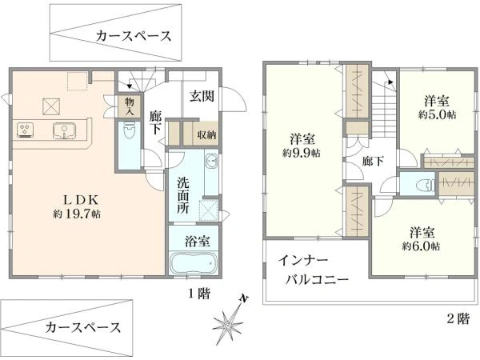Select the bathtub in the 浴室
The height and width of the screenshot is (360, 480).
tap(194, 264)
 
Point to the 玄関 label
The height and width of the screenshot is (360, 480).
tap(202, 96)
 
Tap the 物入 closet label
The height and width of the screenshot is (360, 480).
tap(129, 106)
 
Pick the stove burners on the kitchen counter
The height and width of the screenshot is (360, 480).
tap(24, 130)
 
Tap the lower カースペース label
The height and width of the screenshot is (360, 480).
tap(83, 327)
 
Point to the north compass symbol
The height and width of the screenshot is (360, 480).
tap(230, 322)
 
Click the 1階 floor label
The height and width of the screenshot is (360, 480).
tap(198, 294)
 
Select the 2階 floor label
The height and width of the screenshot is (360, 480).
tap(457, 318)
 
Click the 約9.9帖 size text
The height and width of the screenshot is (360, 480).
tap(301, 152)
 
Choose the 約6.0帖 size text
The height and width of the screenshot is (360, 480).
tap(422, 246)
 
